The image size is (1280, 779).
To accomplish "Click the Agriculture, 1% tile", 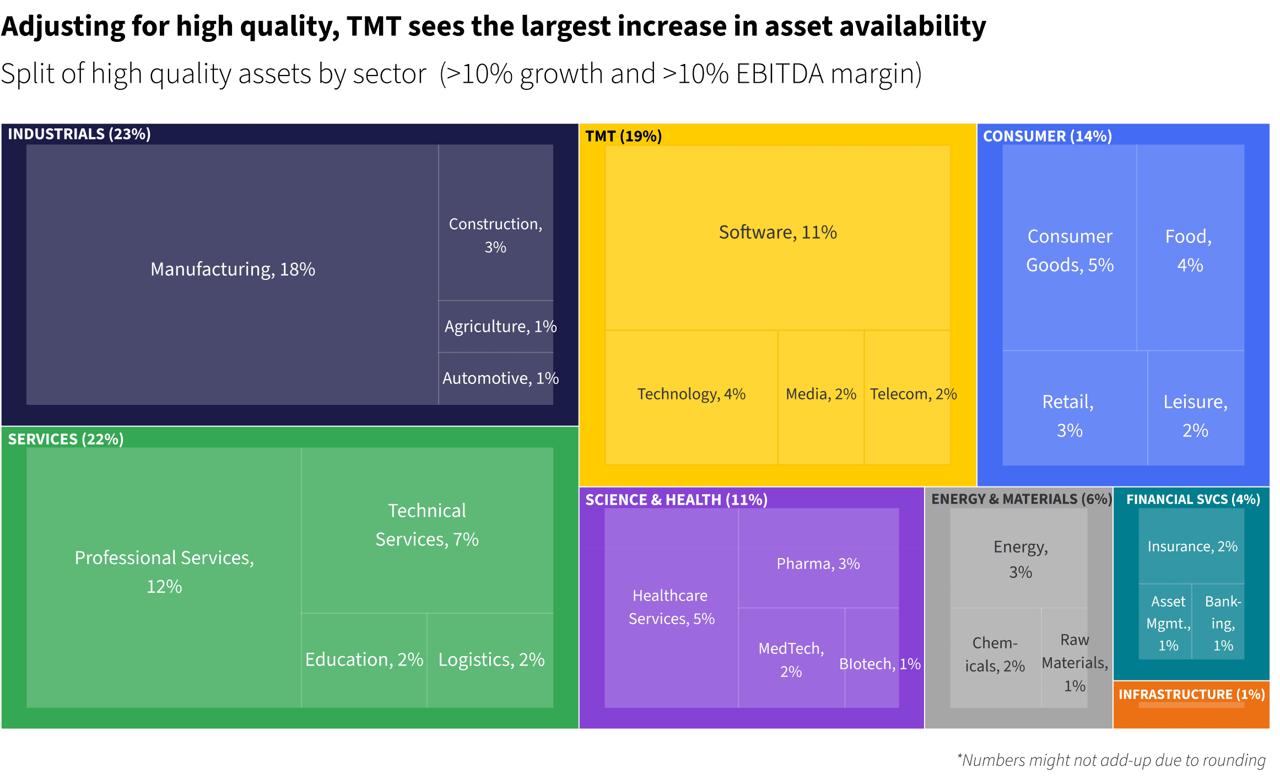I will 496,326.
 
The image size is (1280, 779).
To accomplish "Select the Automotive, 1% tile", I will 496,378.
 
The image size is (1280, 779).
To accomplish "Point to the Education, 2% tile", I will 364,659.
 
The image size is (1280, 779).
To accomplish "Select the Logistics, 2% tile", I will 491,659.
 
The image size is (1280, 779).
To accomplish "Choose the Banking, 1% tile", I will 1219,623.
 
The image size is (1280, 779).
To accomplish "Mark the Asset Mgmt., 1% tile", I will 1165,623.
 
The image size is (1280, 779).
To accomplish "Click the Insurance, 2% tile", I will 1192,547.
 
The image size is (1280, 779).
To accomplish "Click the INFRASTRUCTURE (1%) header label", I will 1191,694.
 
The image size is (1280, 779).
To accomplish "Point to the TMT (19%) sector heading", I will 623,136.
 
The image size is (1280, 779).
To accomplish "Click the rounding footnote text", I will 1111,760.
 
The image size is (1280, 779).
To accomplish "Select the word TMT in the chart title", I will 374,26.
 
